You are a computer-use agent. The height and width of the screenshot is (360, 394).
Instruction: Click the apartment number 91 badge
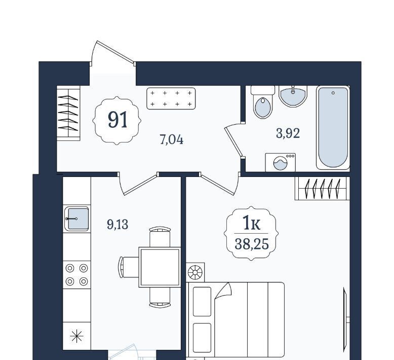(117, 120)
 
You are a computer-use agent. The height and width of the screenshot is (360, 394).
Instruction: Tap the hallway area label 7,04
(172, 139)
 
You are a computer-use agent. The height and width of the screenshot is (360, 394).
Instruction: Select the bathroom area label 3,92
(288, 133)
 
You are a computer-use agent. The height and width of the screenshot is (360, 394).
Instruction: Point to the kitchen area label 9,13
(117, 224)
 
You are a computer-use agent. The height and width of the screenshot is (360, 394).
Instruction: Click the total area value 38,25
(252, 244)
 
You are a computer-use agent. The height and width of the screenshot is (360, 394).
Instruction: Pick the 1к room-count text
(252, 223)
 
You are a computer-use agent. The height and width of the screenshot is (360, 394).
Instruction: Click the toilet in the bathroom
(263, 102)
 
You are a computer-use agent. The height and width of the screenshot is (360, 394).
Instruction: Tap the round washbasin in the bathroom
(293, 96)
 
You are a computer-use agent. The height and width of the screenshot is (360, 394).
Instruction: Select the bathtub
(333, 128)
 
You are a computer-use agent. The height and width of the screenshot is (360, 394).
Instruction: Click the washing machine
(281, 163)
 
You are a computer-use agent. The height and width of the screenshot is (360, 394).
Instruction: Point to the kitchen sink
(76, 219)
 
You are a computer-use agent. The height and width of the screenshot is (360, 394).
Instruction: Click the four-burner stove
(76, 275)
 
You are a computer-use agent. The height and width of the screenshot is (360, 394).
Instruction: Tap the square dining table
(160, 267)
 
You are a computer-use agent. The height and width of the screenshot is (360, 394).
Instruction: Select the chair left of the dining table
(129, 267)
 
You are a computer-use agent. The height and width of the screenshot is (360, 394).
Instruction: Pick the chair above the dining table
(160, 237)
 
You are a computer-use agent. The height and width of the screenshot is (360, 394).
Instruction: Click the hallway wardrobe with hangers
(68, 113)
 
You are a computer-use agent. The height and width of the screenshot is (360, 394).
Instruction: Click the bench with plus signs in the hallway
(171, 98)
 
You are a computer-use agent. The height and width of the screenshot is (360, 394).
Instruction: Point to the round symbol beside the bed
(195, 272)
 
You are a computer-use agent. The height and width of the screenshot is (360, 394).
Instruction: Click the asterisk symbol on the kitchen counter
(76, 336)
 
